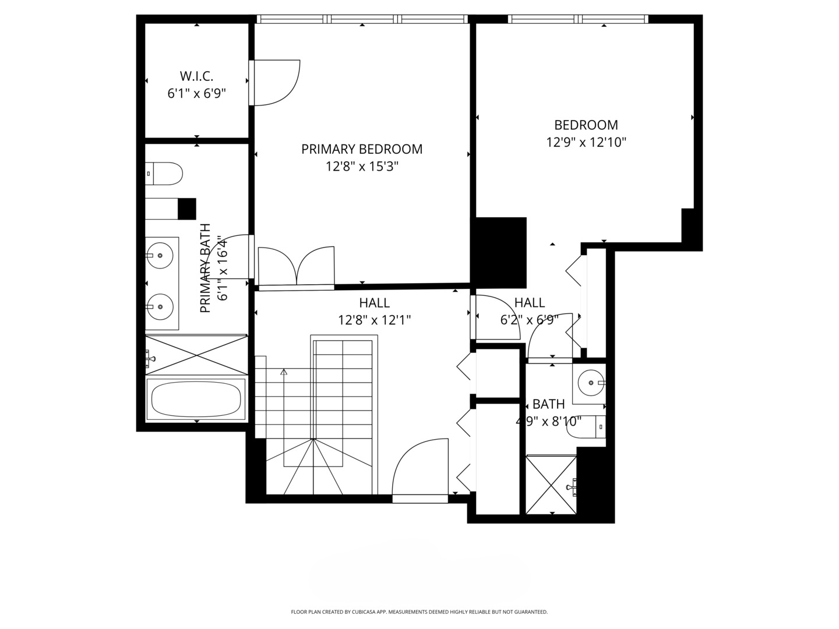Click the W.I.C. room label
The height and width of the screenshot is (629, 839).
click(x=196, y=76)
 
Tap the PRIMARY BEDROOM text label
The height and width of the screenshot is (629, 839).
click(x=362, y=149)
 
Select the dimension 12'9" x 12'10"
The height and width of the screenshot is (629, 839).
click(x=586, y=143)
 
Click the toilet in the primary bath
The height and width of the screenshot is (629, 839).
click(x=164, y=174)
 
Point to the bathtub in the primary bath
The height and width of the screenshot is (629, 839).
click(x=196, y=399)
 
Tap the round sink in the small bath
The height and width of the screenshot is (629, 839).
click(x=591, y=382)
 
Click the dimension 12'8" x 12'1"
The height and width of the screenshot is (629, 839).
click(x=374, y=320)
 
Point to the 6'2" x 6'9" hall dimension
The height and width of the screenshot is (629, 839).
click(x=530, y=320)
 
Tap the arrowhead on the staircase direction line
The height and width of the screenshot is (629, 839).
click(x=284, y=372)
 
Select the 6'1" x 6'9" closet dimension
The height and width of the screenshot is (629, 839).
click(x=196, y=94)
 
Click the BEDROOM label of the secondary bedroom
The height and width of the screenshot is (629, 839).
click(x=586, y=125)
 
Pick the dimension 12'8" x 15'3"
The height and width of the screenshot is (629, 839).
click(x=362, y=167)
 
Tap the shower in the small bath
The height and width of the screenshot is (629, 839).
click(x=551, y=485)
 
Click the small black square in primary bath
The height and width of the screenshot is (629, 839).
click(x=187, y=209)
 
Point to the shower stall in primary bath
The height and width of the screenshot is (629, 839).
click(x=196, y=355)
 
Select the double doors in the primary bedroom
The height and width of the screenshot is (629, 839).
click(x=296, y=266)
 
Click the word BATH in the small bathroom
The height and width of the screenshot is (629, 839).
click(x=548, y=404)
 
